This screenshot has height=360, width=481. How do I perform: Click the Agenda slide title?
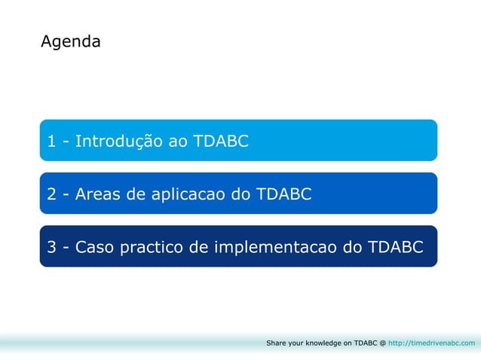click(x=70, y=42)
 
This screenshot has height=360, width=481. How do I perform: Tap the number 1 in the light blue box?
click(x=51, y=141)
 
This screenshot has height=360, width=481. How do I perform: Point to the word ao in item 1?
click(x=174, y=141)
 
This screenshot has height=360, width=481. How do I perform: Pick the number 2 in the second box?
click(x=51, y=194)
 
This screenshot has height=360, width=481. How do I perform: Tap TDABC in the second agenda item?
click(x=283, y=194)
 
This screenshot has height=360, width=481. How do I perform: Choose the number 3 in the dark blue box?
click(x=51, y=247)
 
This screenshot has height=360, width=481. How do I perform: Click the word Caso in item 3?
click(x=95, y=247)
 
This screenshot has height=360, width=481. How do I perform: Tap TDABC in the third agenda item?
click(x=396, y=247)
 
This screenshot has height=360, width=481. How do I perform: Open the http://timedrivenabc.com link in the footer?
click(x=432, y=343)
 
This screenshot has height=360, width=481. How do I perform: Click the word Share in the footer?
click(x=276, y=343)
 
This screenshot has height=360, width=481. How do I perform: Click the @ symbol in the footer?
click(x=382, y=343)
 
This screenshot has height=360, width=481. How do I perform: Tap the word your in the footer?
click(x=296, y=343)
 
